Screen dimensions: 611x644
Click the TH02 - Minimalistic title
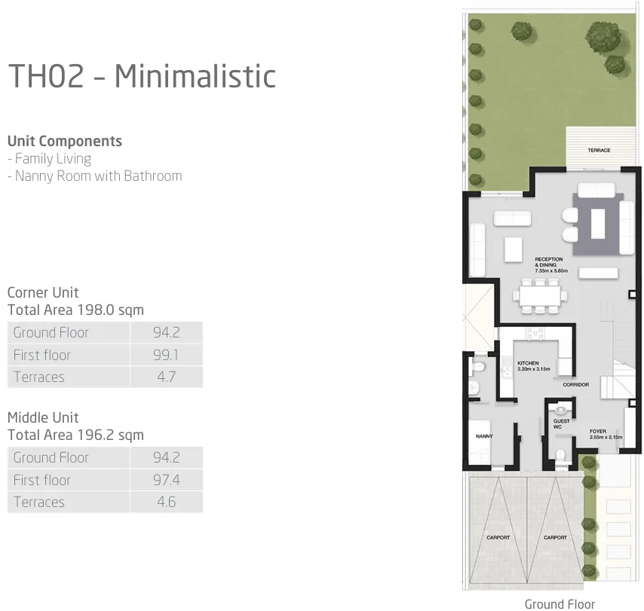tap(142, 76)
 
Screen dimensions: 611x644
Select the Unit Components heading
tap(64, 141)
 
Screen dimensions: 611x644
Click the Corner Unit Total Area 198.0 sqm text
tap(75, 301)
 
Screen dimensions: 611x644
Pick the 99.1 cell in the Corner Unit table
tap(165, 355)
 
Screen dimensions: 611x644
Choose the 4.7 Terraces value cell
tap(165, 377)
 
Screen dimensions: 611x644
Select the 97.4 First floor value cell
tap(165, 480)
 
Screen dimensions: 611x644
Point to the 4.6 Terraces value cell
tap(165, 503)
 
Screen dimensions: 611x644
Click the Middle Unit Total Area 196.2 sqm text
tap(75, 426)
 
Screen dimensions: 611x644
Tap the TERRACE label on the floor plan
tap(599, 151)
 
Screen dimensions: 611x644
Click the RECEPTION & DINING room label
tap(550, 264)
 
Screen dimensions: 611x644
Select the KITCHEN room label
tap(529, 366)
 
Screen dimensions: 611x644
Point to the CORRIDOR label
tap(575, 385)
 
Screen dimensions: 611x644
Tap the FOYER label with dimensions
tap(606, 435)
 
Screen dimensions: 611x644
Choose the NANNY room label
tap(483, 436)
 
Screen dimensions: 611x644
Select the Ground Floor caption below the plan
tap(560, 603)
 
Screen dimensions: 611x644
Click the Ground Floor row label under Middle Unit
tap(51, 457)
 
